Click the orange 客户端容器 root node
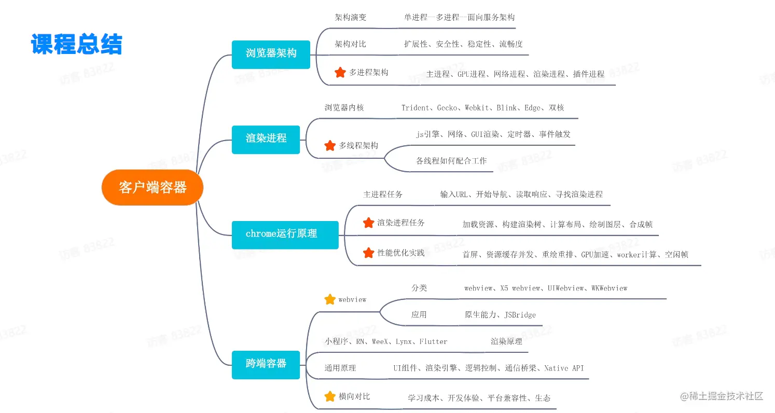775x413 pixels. click(x=152, y=187)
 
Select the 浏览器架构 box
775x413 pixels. click(x=271, y=54)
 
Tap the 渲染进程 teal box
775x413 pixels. click(x=266, y=140)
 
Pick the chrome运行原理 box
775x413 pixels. click(x=285, y=235)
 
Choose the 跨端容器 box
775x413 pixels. click(x=266, y=365)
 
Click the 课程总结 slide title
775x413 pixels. click(x=76, y=44)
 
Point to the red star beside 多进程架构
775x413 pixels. click(x=340, y=72)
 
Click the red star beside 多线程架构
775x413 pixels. click(x=330, y=145)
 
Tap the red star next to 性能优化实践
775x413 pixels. click(x=368, y=253)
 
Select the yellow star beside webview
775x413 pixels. click(x=330, y=299)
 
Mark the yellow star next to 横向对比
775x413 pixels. click(x=330, y=396)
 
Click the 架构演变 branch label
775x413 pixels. click(x=350, y=17)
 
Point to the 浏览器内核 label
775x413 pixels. click(x=344, y=108)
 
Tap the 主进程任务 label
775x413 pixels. click(x=383, y=194)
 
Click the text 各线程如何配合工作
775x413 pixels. click(x=451, y=161)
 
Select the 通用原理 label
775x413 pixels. click(x=340, y=368)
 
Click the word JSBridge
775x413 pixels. click(x=520, y=315)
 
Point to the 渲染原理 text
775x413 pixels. click(x=506, y=341)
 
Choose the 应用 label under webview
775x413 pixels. click(x=419, y=315)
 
